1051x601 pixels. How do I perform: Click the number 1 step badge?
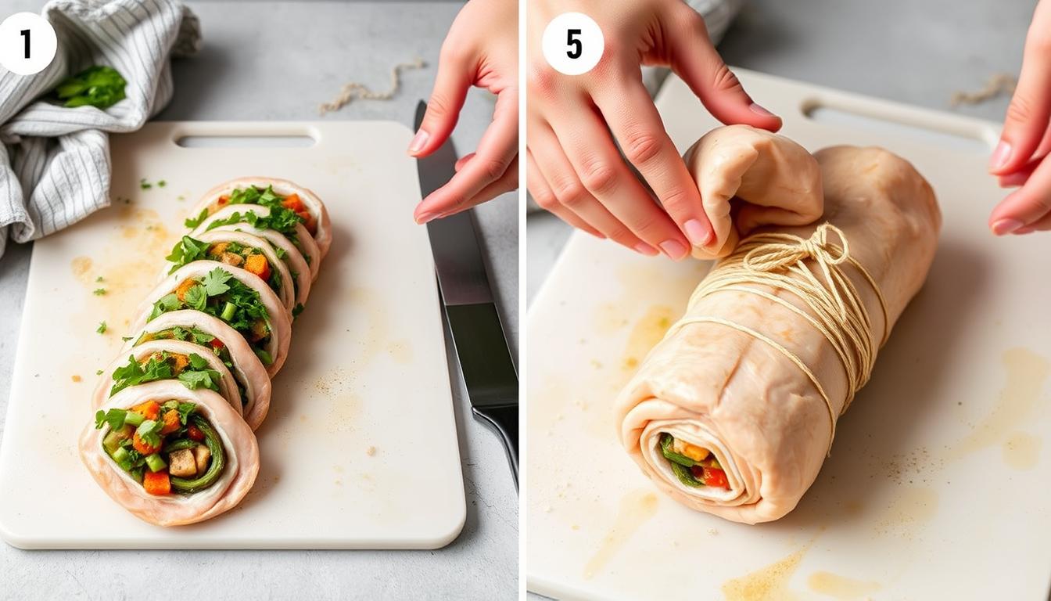click(27, 44)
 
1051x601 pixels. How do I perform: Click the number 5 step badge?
click(572, 44)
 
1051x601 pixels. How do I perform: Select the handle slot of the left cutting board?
click(246, 141)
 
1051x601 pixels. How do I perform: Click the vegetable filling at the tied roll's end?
click(692, 462)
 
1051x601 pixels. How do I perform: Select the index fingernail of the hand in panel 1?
click(419, 142)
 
